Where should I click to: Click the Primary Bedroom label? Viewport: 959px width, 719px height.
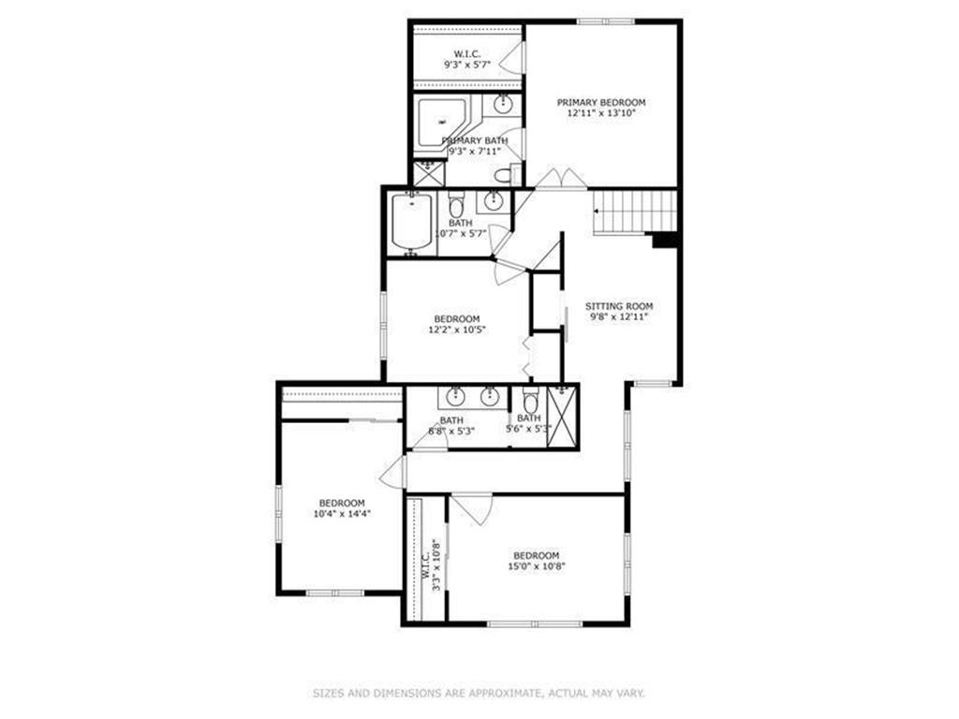pyautogui.click(x=600, y=103)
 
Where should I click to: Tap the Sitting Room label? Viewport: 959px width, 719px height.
pyautogui.click(x=619, y=306)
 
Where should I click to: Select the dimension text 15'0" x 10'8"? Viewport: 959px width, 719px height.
pyautogui.click(x=536, y=566)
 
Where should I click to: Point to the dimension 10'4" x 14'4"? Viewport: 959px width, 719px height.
pyautogui.click(x=342, y=514)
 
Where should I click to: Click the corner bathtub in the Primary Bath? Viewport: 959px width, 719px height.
pyautogui.click(x=441, y=122)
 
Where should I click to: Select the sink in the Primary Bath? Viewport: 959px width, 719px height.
pyautogui.click(x=503, y=104)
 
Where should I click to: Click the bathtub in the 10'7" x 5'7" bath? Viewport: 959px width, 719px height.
pyautogui.click(x=412, y=223)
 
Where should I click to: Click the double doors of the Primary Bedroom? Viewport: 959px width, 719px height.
pyautogui.click(x=561, y=179)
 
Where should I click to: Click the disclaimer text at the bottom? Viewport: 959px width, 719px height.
pyautogui.click(x=479, y=694)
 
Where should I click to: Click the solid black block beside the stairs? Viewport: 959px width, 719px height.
pyautogui.click(x=666, y=240)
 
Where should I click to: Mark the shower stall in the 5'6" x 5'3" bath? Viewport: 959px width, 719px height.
pyautogui.click(x=562, y=418)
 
